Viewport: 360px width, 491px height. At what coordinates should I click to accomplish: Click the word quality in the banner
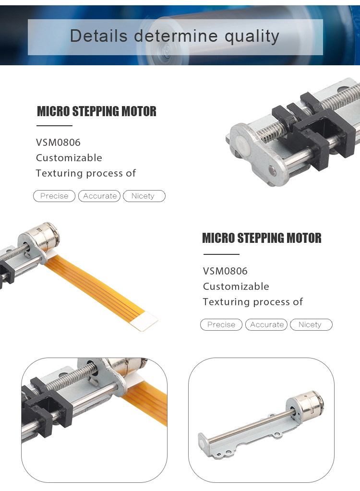point(252,36)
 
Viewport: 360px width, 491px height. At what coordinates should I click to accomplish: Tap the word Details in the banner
point(98,36)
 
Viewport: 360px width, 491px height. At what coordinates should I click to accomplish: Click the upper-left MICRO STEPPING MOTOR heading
point(96,111)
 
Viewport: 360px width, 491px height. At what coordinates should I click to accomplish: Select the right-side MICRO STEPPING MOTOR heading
point(262,238)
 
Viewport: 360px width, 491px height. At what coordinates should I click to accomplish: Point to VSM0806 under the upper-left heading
point(58,143)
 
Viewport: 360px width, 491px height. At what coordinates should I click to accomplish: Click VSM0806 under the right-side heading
point(225,271)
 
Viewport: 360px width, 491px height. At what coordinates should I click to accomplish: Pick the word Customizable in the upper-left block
point(69,158)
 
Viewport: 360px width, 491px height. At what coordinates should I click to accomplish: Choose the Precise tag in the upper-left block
point(54,196)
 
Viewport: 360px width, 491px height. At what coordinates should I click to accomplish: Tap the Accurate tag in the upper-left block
point(99,196)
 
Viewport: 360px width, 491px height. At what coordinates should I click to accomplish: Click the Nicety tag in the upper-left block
point(144,196)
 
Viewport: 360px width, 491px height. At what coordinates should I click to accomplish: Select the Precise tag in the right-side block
point(221,325)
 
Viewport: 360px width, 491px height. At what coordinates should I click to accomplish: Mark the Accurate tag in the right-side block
point(267,325)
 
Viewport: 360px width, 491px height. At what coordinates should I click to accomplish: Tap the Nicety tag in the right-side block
point(311,325)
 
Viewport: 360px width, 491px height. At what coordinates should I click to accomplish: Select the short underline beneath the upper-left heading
point(54,126)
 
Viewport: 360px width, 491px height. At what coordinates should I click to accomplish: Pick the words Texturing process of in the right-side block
point(253,302)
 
